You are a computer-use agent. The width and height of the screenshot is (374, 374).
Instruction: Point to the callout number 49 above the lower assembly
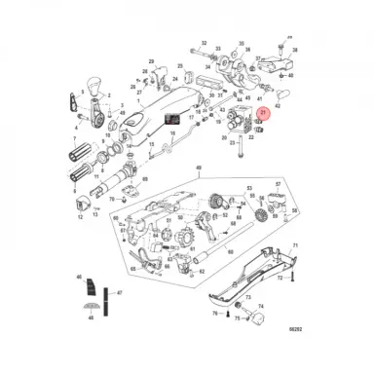click(201, 196)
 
